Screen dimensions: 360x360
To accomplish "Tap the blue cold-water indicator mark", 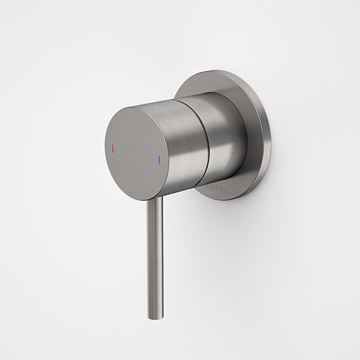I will (160, 160).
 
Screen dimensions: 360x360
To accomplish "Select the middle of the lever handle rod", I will (155, 258).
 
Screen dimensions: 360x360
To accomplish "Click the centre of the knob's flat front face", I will (136, 153).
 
